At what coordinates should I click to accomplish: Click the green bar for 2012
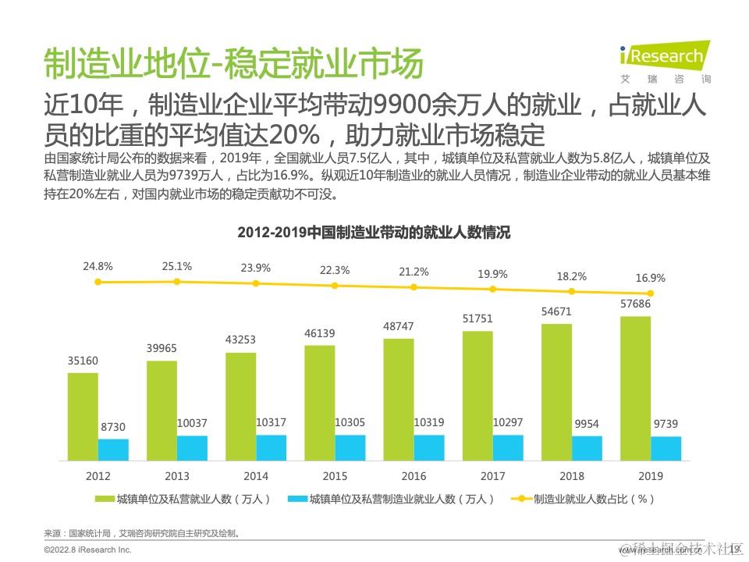point(83,416)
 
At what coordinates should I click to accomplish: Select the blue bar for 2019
point(666,448)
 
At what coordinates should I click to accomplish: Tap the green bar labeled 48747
point(399,399)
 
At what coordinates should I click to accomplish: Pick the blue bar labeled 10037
point(193,447)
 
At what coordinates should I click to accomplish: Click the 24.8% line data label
point(98,266)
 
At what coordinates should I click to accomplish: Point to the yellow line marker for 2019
point(650,293)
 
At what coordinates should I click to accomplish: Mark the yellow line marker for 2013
point(177,281)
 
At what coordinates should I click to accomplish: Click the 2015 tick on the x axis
point(335,476)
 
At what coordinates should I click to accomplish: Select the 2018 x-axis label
point(572,476)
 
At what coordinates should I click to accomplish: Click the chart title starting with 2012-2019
point(374,233)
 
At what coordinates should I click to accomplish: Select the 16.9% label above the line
point(651,278)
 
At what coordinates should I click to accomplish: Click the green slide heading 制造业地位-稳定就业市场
point(233,64)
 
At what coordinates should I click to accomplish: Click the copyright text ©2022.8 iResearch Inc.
point(87,550)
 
